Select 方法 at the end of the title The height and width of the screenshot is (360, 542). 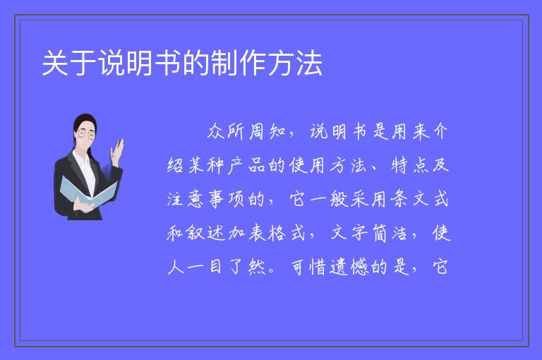pyautogui.click(x=295, y=63)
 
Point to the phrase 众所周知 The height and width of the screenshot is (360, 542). pyautogui.click(x=246, y=131)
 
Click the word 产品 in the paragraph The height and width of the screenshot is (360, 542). pyautogui.click(x=246, y=165)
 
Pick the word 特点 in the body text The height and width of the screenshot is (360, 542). pyautogui.click(x=409, y=165)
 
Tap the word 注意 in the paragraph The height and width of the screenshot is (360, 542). pyautogui.click(x=186, y=199)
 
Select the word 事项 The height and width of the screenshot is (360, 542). pyautogui.click(x=226, y=199)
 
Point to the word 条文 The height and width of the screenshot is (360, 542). pyautogui.click(x=409, y=199)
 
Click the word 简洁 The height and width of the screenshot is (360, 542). pyautogui.click(x=389, y=233)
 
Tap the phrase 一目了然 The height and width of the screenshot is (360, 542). pyautogui.click(x=216, y=267)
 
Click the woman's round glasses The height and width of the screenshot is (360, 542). pyautogui.click(x=85, y=134)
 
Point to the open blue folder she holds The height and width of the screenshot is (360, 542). pyautogui.click(x=88, y=192)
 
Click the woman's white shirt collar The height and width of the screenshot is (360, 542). pyautogui.click(x=83, y=158)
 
